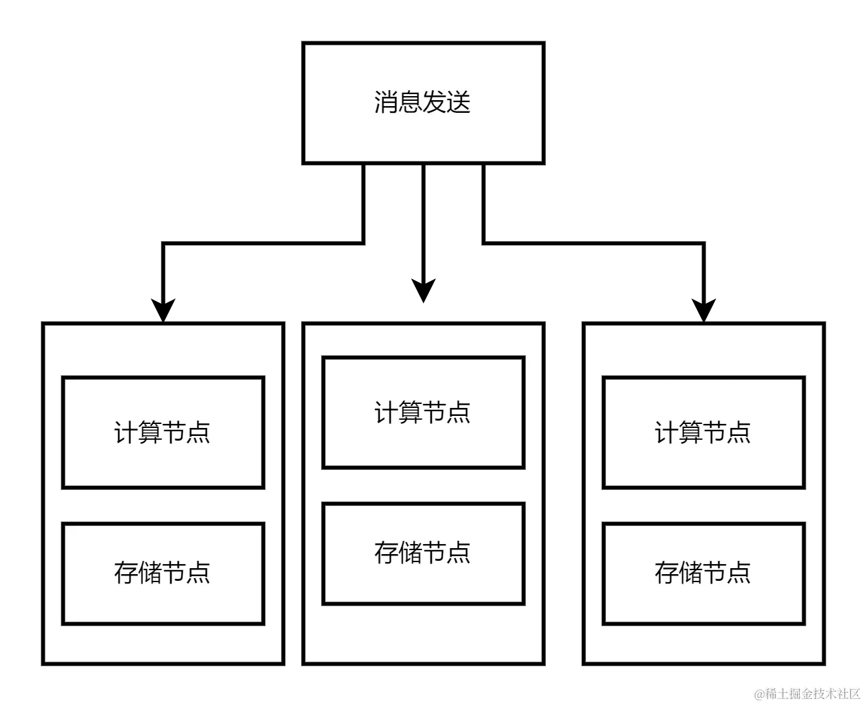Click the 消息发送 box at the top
[423, 103]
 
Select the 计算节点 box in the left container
[163, 433]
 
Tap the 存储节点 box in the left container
[163, 573]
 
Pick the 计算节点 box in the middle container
[423, 413]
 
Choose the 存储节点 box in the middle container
[423, 553]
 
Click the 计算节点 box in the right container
[703, 433]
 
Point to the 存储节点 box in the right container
[703, 573]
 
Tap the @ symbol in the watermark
[760, 693]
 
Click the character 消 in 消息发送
[386, 102]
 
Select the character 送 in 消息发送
[459, 102]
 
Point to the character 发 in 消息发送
[435, 102]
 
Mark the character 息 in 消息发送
[410, 102]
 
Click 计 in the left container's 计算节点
[126, 433]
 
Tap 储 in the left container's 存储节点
[151, 573]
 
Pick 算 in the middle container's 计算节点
[411, 413]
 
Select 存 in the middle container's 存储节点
[386, 553]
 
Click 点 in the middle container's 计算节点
[459, 413]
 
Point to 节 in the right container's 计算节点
[715, 433]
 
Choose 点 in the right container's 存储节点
[740, 573]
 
